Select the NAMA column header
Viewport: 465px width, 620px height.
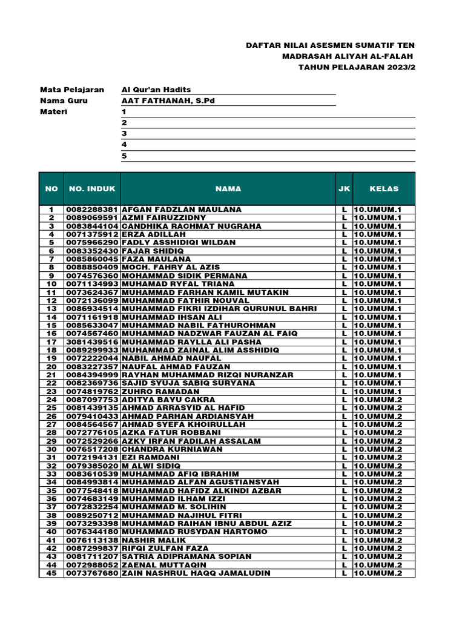coord(228,189)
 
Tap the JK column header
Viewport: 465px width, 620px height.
coord(344,189)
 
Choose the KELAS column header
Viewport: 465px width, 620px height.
coord(384,189)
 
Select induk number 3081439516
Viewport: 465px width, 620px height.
coord(92,341)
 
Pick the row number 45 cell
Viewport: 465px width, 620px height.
coord(51,573)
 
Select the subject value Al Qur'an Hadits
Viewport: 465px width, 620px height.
coord(156,89)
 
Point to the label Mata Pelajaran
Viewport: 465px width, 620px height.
coord(72,89)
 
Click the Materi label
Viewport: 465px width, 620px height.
coord(54,112)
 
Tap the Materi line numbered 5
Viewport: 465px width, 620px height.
coord(124,156)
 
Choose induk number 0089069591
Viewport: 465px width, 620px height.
coord(92,217)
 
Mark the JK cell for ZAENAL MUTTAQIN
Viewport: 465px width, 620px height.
coord(344,565)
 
